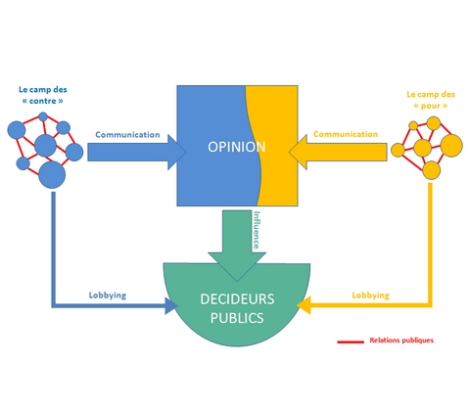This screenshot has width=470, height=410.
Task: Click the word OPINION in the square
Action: pyautogui.click(x=237, y=147)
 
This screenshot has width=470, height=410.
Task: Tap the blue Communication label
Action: pyautogui.click(x=127, y=135)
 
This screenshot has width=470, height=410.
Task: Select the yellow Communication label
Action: pyautogui.click(x=346, y=134)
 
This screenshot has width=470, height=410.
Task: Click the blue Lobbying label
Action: pyautogui.click(x=108, y=296)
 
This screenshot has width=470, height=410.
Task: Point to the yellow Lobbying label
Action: pyautogui.click(x=370, y=296)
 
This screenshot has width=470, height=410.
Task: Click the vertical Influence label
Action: pyautogui.click(x=257, y=230)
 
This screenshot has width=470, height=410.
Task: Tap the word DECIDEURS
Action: pyautogui.click(x=237, y=299)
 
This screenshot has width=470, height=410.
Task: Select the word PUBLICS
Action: pyautogui.click(x=237, y=318)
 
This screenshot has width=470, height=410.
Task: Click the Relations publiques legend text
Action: pyautogui.click(x=401, y=341)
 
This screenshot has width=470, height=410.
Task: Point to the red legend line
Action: pyautogui.click(x=351, y=342)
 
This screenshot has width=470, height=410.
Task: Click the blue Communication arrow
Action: pyautogui.click(x=136, y=152)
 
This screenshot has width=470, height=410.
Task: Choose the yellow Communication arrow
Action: pyautogui.click(x=338, y=152)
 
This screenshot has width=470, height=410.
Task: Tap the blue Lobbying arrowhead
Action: pyautogui.click(x=171, y=305)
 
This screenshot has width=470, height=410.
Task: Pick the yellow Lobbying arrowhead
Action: pyautogui.click(x=304, y=305)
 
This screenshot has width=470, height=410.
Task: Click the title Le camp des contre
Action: pyautogui.click(x=43, y=95)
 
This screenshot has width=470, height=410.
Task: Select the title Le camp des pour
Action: pyautogui.click(x=431, y=100)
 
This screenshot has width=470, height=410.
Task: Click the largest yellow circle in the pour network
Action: pyautogui.click(x=451, y=146)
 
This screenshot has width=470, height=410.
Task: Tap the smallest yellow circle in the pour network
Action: pyautogui.click(x=413, y=125)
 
